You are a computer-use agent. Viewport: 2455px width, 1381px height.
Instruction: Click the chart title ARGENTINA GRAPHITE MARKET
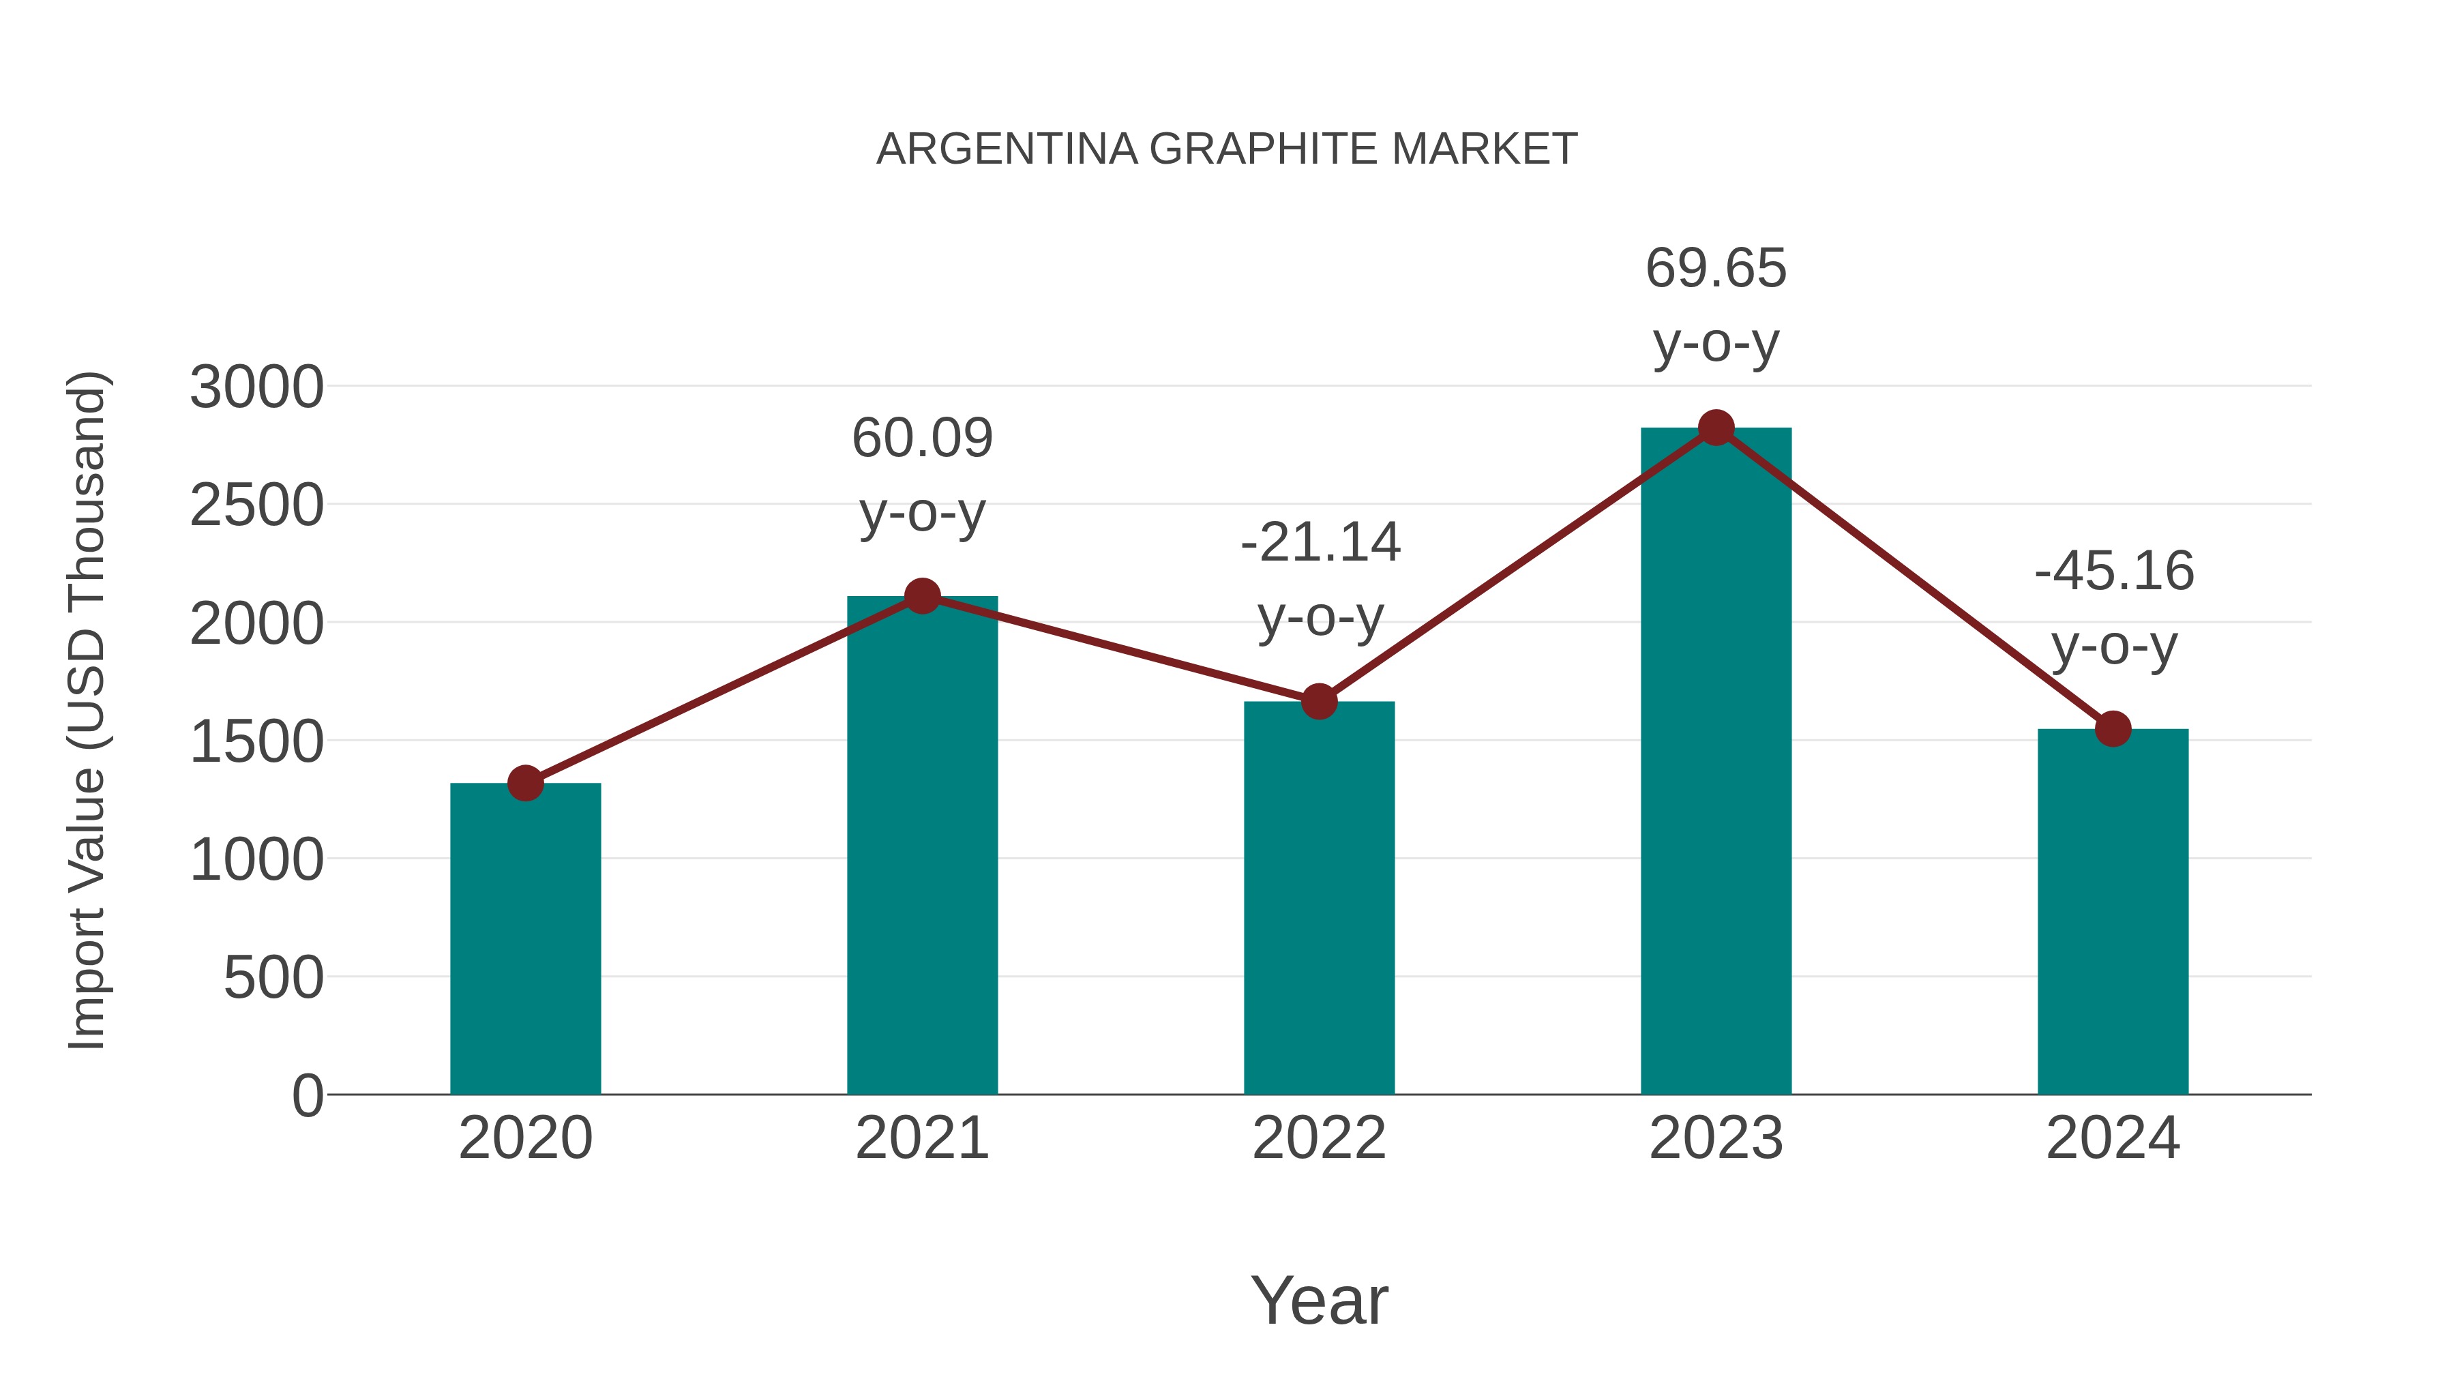pyautogui.click(x=1227, y=149)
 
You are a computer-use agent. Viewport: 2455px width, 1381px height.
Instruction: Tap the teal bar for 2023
pyautogui.click(x=1716, y=762)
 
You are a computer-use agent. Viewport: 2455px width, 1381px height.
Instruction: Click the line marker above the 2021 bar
pyautogui.click(x=921, y=597)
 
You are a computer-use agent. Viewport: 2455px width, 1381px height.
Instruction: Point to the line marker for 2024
pyautogui.click(x=2113, y=729)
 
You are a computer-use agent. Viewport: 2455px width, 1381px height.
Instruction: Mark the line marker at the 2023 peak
pyautogui.click(x=1716, y=428)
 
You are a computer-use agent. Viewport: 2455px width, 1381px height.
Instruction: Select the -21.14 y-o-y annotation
pyautogui.click(x=1320, y=580)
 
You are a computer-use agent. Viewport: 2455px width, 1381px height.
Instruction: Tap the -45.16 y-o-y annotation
pyautogui.click(x=2114, y=608)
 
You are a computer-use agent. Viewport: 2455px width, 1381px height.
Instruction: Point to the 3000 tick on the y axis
pyautogui.click(x=256, y=388)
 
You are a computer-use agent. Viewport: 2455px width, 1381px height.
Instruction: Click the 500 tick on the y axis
pyautogui.click(x=273, y=978)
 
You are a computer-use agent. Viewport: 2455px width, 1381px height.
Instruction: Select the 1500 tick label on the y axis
pyautogui.click(x=256, y=743)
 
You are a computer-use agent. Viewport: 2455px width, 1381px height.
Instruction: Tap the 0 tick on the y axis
pyautogui.click(x=308, y=1096)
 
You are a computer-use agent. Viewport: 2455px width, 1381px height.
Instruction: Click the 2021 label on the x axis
pyautogui.click(x=921, y=1138)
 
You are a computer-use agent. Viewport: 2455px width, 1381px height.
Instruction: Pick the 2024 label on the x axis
pyautogui.click(x=2113, y=1138)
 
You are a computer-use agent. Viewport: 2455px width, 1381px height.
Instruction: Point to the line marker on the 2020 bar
pyautogui.click(x=525, y=784)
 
